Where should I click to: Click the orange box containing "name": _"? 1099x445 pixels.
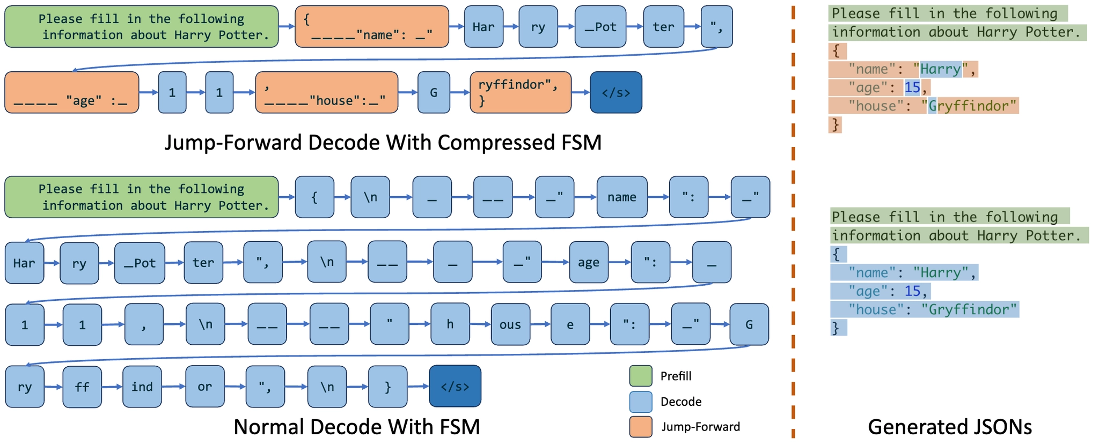click(x=371, y=27)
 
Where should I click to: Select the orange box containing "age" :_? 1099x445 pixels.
click(x=71, y=92)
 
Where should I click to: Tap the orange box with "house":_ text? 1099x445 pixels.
click(x=326, y=92)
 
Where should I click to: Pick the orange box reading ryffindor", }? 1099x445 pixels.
click(x=520, y=92)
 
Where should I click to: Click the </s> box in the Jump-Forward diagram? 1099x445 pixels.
click(x=616, y=92)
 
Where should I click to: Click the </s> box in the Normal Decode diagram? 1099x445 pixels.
click(x=455, y=386)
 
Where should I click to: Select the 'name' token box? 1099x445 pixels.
click(x=621, y=197)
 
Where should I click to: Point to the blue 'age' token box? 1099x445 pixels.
click(x=588, y=262)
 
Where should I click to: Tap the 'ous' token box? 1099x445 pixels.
click(x=510, y=324)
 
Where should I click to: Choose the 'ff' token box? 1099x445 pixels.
click(x=82, y=387)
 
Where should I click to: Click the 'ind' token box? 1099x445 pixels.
click(x=142, y=387)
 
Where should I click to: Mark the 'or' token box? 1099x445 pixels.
click(x=204, y=387)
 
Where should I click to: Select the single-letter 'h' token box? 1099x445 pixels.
click(x=450, y=324)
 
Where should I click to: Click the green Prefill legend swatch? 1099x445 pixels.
click(x=640, y=376)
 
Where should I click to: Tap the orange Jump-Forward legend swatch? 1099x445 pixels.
click(x=640, y=427)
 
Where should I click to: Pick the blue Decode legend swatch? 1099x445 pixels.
click(x=640, y=402)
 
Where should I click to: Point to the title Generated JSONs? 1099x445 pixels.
click(x=949, y=427)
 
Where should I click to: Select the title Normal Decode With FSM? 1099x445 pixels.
click(x=356, y=427)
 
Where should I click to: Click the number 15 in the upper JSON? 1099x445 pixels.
click(x=912, y=87)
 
